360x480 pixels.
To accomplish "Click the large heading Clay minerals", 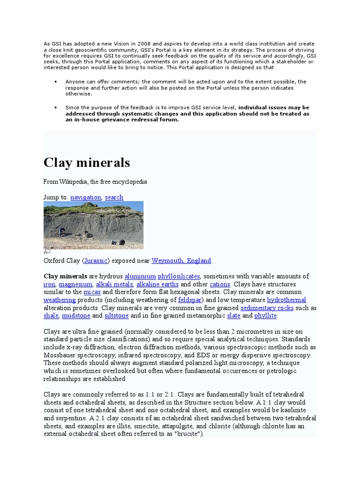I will coord(87,163).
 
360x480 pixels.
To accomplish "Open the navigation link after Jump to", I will coord(86,197).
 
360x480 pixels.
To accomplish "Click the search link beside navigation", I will coord(114,197).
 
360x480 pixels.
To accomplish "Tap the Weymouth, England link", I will coord(181,261).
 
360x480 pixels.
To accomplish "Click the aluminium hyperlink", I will coord(141,276).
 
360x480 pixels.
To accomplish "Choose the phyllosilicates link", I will coord(179,276).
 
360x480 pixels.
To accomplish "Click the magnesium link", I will coord(75,284).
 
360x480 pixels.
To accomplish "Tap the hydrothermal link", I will coord(286,300).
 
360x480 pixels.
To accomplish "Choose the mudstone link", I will coord(73,316).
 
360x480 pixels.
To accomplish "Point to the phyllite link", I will coord(266,316).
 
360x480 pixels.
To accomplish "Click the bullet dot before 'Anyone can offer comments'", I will coord(56,82).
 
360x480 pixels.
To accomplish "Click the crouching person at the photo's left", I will coord(62,232).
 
